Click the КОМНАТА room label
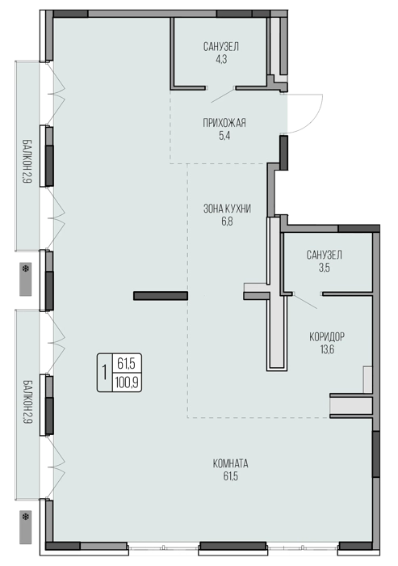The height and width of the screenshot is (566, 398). [230, 463]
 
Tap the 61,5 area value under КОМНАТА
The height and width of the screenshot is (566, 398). [230, 476]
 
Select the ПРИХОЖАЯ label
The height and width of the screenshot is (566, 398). [224, 123]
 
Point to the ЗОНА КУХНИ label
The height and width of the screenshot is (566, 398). [227, 209]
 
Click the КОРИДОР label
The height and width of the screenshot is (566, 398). [327, 337]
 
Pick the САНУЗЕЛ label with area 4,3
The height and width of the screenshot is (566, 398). [221, 47]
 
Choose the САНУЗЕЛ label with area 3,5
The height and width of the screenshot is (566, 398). [324, 255]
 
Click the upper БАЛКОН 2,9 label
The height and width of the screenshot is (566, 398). [27, 161]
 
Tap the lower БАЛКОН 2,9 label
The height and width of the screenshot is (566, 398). [27, 401]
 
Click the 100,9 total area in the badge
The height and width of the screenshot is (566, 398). [127, 382]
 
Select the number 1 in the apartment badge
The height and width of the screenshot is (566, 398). [105, 373]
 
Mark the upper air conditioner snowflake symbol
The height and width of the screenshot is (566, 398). [26, 269]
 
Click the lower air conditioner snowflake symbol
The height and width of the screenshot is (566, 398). [26, 517]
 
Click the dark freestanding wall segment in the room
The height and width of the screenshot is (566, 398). [161, 296]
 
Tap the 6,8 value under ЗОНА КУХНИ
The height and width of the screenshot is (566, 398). [227, 222]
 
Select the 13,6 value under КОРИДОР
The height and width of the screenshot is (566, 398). [327, 349]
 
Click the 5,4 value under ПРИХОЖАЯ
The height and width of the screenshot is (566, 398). [224, 136]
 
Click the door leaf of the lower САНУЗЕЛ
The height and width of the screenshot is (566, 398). [306, 301]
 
